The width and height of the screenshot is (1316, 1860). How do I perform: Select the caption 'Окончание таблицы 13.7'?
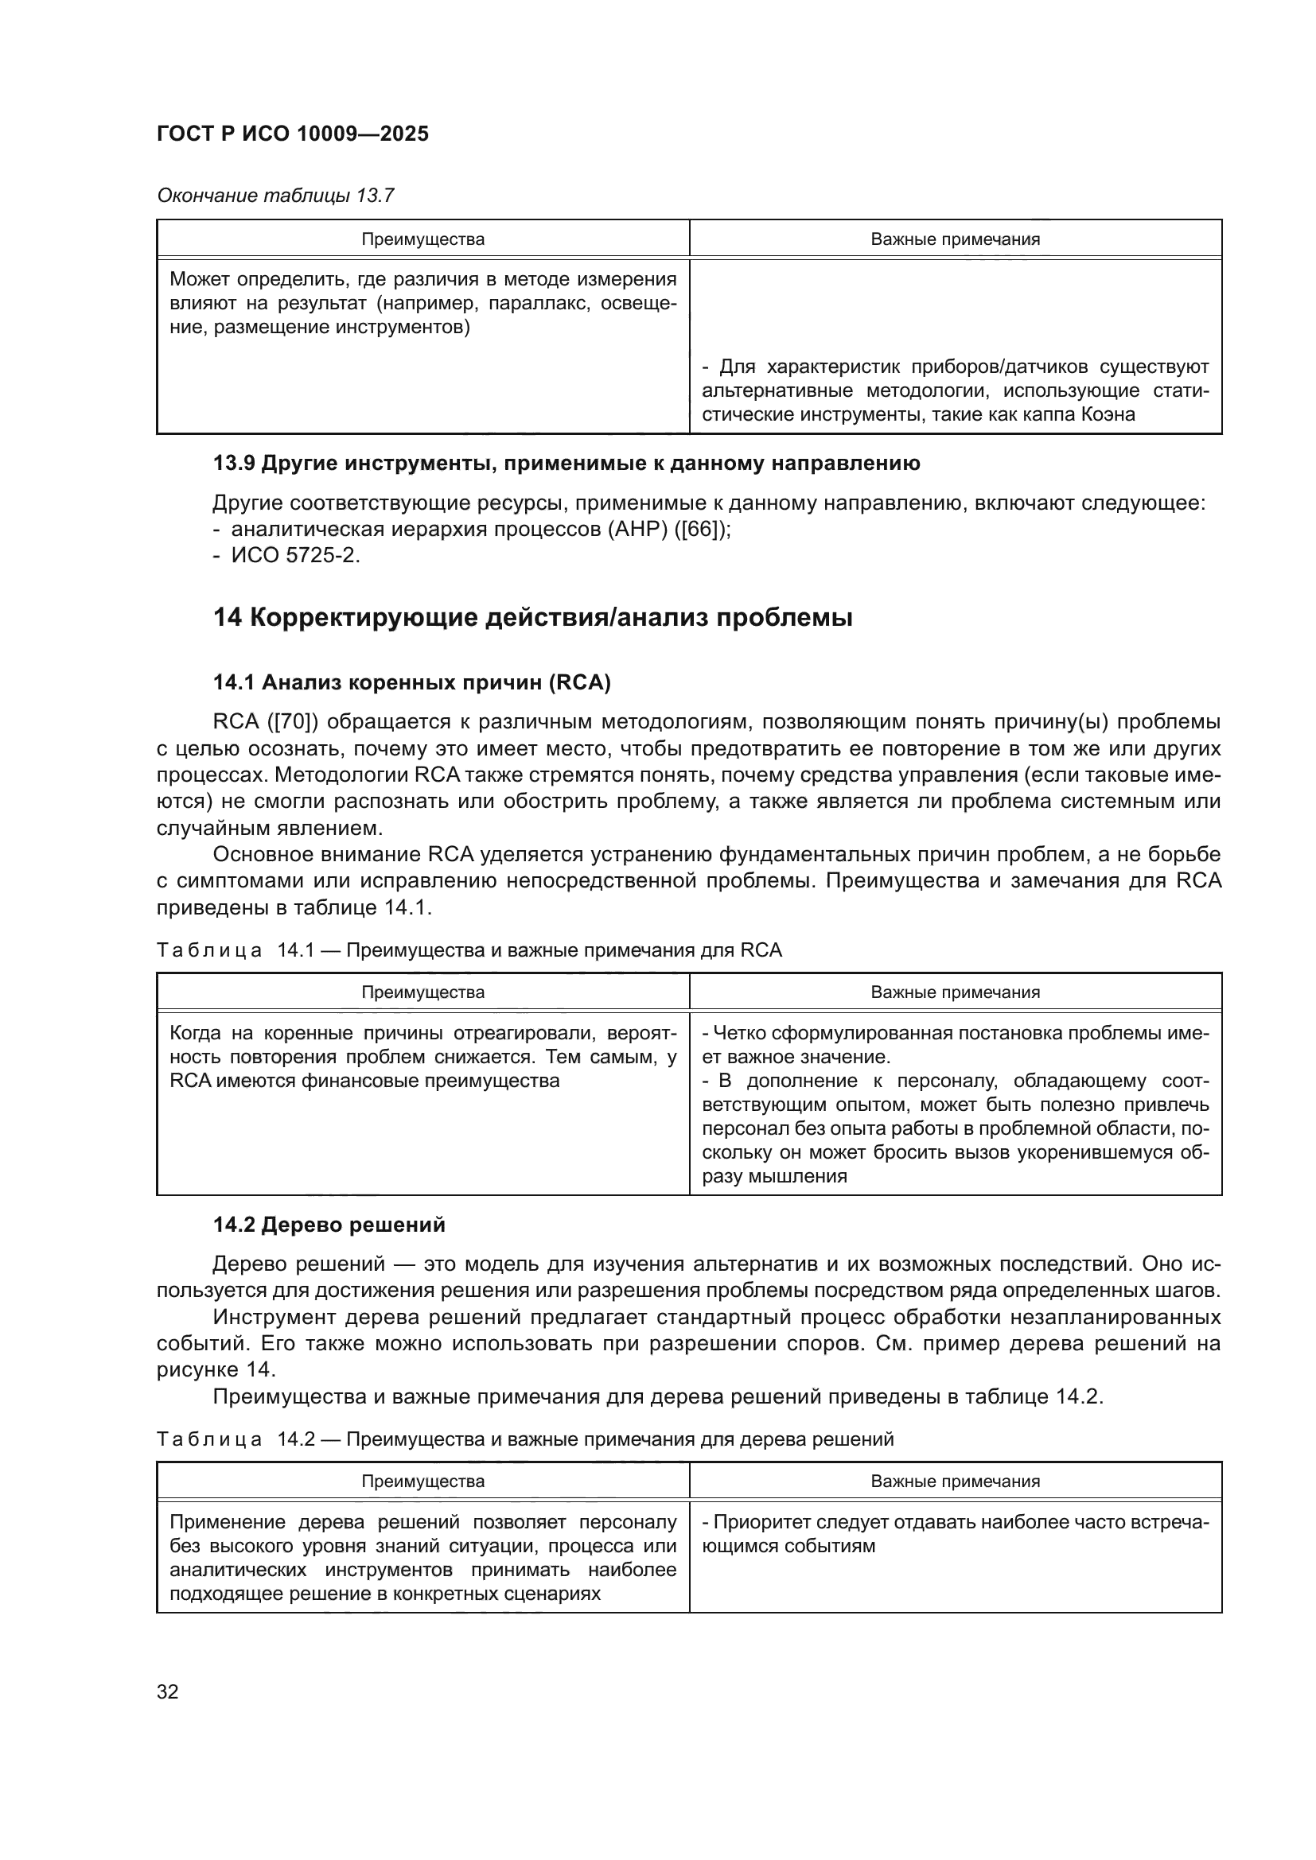(x=275, y=196)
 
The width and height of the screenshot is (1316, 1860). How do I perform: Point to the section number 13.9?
(x=234, y=464)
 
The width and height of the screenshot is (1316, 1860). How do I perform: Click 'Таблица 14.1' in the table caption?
(x=235, y=950)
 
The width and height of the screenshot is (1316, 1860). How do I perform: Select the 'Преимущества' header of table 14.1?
(x=423, y=992)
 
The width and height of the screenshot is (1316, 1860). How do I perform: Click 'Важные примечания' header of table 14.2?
(x=956, y=1481)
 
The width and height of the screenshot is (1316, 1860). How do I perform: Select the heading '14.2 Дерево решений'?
(x=329, y=1225)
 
